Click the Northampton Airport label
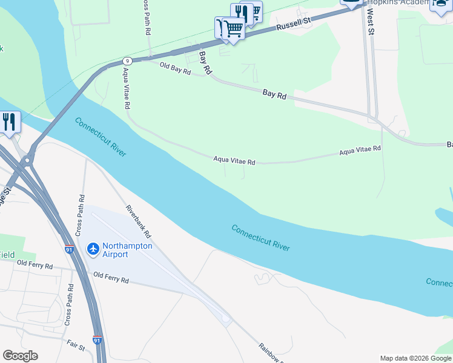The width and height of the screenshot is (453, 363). coord(127,250)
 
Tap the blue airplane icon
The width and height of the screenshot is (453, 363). coord(93,249)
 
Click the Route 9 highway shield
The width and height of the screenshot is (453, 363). coord(127,60)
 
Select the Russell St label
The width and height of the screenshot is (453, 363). coord(293,24)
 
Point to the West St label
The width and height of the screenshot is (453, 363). coord(370,25)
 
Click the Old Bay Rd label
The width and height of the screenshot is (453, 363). coord(175,68)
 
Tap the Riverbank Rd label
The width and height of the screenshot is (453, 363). coord(139,221)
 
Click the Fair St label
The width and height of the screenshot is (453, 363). coord(76,345)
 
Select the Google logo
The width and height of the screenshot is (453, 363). coord(20,356)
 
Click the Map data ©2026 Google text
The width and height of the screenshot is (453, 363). coord(415,358)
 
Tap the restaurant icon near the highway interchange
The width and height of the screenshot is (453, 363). coord(9,122)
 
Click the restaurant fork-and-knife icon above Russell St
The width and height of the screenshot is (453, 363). coord(242,12)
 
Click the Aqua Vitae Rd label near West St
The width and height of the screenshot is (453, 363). coord(360,149)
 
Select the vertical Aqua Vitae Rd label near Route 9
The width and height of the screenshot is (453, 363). coord(127,88)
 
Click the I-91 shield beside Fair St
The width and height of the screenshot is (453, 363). coord(97,341)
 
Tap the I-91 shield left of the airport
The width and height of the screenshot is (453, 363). coord(70,249)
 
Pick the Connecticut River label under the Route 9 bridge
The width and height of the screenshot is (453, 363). coord(101,137)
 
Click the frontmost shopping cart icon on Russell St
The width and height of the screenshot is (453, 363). coord(233,28)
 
